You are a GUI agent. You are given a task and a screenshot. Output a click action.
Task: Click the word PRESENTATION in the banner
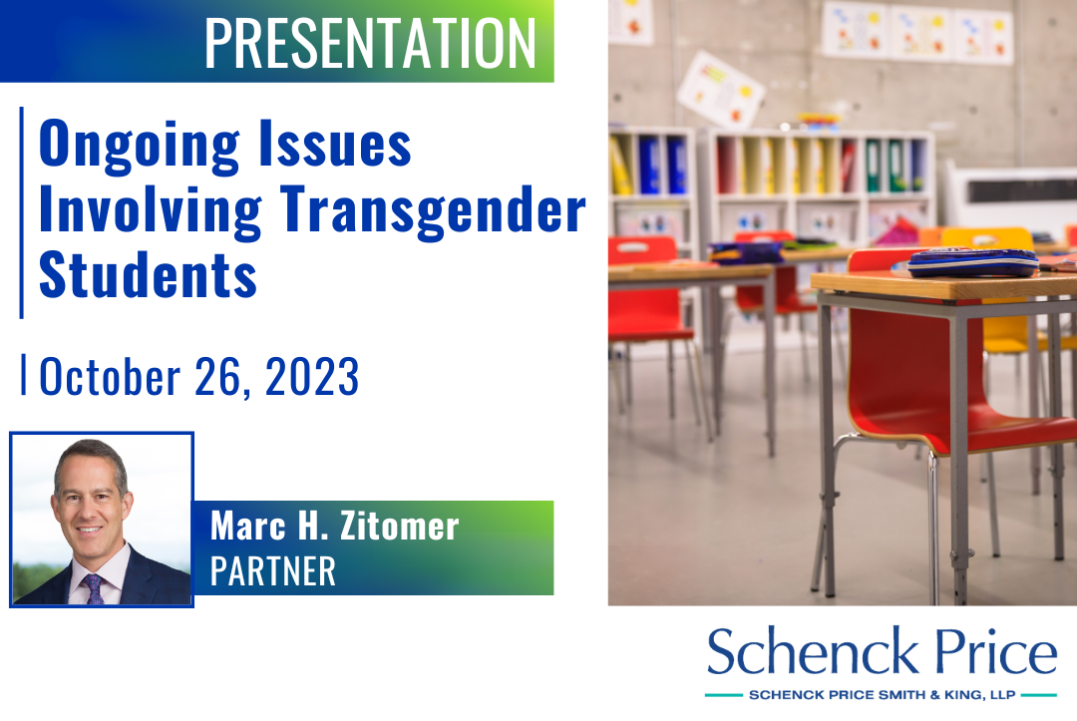pos(370,43)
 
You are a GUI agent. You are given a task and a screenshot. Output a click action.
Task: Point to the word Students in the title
pos(148,274)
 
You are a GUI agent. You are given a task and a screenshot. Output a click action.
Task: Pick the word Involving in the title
pos(151,211)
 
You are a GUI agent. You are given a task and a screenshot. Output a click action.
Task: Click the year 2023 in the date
pos(312,376)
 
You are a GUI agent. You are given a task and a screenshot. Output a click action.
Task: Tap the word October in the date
pos(110,376)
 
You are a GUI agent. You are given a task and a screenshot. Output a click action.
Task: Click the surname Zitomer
pos(399,526)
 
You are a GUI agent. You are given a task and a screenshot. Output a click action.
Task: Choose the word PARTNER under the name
pos(272,571)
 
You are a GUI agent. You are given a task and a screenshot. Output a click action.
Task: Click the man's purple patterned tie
pos(94,589)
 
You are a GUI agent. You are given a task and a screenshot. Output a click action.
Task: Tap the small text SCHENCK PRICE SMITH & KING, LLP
pos(882,695)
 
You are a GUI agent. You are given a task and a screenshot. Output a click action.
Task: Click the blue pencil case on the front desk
pos(972,262)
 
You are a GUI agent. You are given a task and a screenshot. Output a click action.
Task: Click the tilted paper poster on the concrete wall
pos(721,89)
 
